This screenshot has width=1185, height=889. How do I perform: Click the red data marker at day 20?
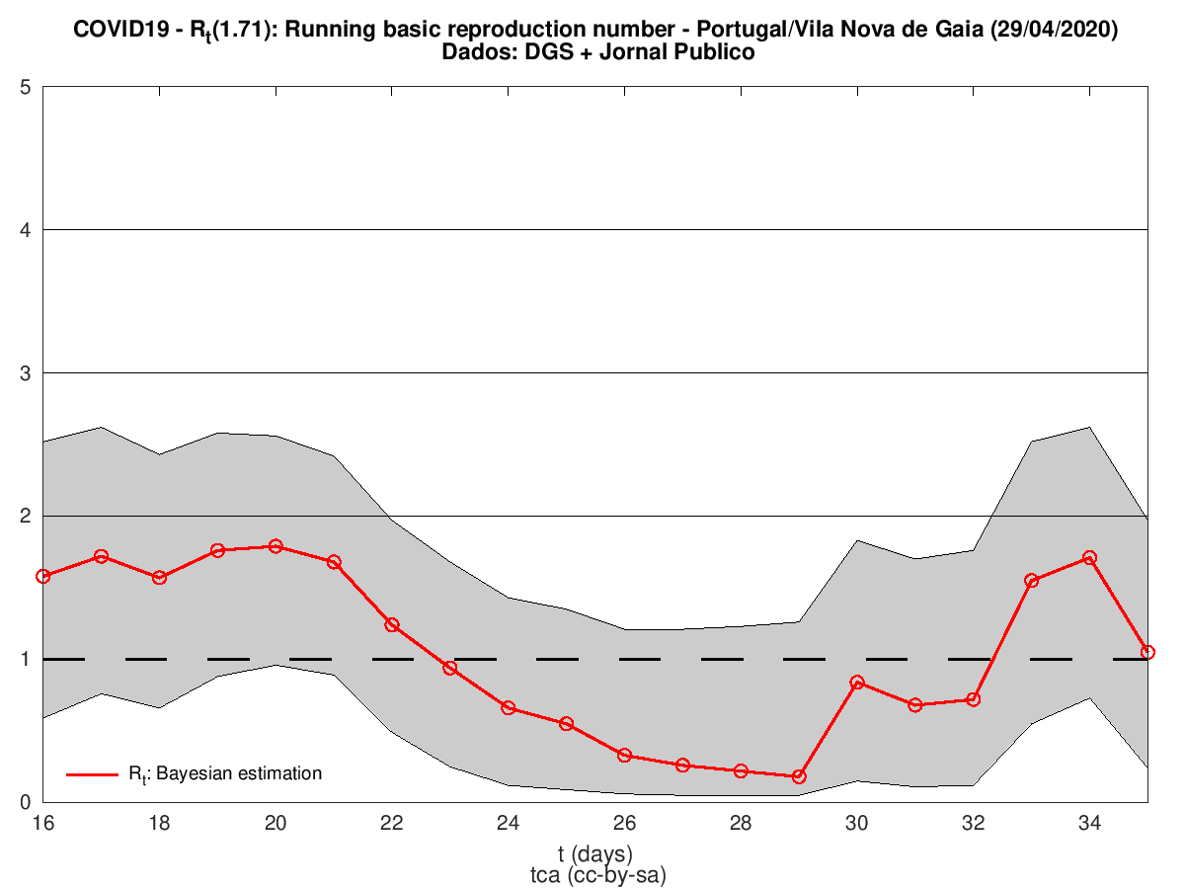click(x=276, y=546)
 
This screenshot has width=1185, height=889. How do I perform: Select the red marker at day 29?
click(x=799, y=776)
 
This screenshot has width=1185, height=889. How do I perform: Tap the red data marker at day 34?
click(x=1090, y=558)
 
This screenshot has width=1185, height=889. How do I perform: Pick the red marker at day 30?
click(x=857, y=683)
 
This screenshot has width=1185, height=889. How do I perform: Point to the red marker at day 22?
click(x=392, y=625)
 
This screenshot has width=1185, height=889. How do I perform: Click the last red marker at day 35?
click(x=1147, y=652)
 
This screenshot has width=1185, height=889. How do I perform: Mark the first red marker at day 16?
click(x=42, y=576)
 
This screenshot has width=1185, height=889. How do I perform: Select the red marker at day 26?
click(x=625, y=755)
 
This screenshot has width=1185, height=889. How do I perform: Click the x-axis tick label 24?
click(x=509, y=823)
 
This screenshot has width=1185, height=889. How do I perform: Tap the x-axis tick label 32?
click(x=974, y=823)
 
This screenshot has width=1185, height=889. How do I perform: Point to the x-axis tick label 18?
click(x=159, y=823)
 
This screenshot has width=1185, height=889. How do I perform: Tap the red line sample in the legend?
click(x=93, y=774)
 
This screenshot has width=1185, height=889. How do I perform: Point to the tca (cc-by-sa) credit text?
click(x=594, y=873)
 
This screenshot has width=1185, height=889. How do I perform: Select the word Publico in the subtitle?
click(x=719, y=53)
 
